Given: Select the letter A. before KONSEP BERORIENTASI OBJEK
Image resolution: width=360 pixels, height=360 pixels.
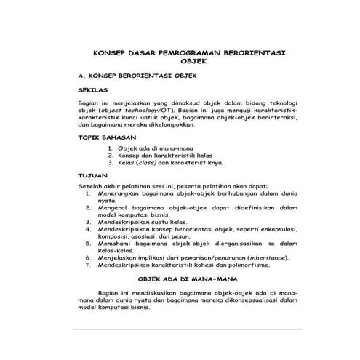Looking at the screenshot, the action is click(81, 75).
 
